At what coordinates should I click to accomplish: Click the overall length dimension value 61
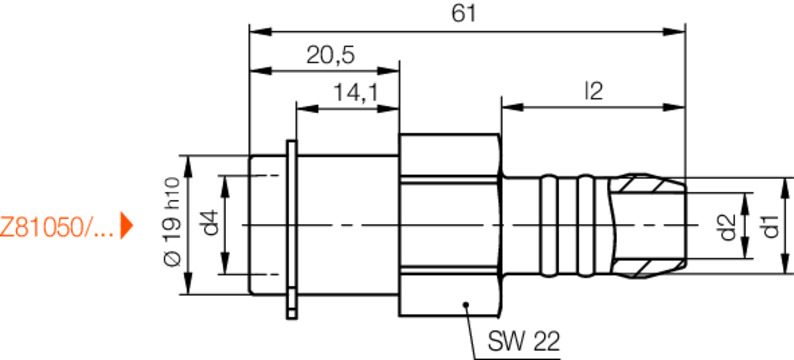466,13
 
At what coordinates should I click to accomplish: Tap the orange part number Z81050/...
57,227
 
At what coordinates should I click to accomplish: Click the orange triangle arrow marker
127,226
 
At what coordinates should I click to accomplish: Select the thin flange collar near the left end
290,228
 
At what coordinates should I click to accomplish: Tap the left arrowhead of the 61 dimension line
255,30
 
